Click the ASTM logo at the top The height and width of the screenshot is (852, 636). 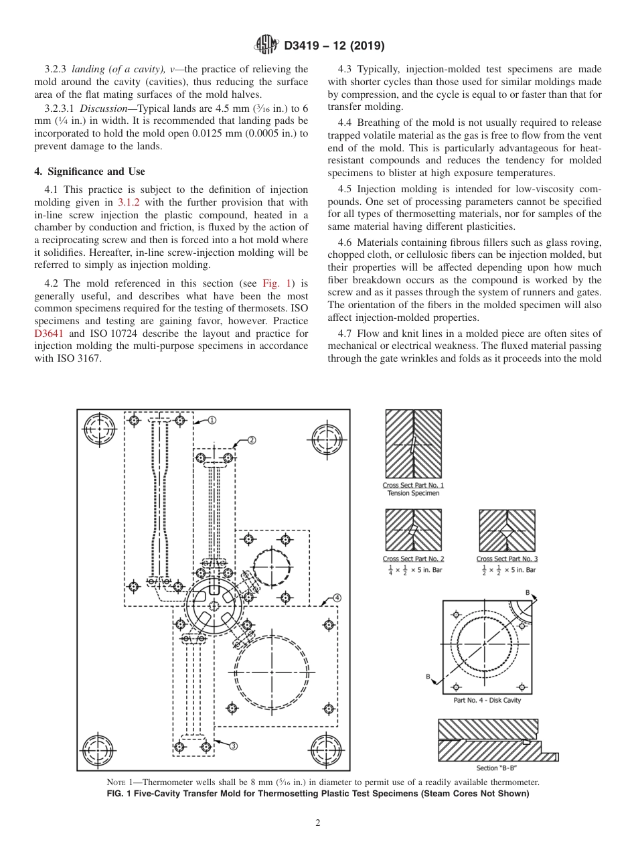(266, 46)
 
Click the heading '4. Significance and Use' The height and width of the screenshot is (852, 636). (89, 171)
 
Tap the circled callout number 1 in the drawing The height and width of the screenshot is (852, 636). (212, 420)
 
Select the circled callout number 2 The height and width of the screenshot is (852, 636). (252, 440)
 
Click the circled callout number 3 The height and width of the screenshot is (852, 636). (234, 746)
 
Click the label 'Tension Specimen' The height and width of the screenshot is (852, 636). (413, 494)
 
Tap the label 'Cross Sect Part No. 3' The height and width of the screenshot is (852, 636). (507, 559)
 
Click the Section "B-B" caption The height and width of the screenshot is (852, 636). (497, 768)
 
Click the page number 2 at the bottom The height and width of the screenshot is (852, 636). (318, 823)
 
